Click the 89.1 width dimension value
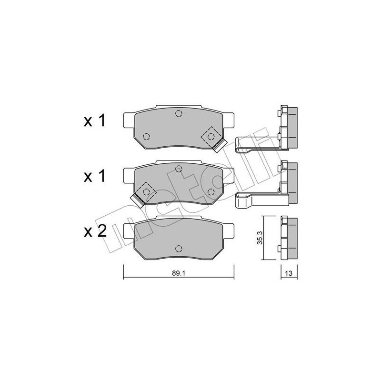pos(178,273)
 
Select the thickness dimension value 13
pos(289,273)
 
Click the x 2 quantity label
pos(94,231)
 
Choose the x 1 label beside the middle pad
pos(94,177)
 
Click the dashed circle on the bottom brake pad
pos(179,248)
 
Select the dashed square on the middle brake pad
pos(146,191)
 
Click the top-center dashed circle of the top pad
pos(179,113)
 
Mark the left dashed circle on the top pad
pos(146,137)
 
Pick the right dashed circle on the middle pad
pos(210,191)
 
